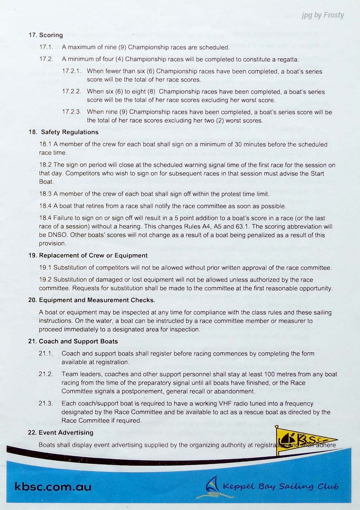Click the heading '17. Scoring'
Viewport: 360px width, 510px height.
[x=46, y=35]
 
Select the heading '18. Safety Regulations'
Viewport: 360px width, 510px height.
[x=63, y=132]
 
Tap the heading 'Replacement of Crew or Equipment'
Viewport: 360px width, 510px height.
[x=93, y=255]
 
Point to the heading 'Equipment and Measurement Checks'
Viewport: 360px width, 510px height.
[x=97, y=300]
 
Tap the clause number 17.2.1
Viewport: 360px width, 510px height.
[x=71, y=71]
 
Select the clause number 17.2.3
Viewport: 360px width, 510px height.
[x=71, y=112]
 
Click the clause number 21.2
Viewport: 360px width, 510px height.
[x=46, y=374]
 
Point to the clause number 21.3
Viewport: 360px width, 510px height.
[x=46, y=403]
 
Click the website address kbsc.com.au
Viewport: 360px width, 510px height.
[x=53, y=487]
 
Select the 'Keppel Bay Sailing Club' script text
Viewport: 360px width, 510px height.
[x=281, y=487]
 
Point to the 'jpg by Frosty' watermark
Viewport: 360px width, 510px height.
[x=322, y=15]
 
